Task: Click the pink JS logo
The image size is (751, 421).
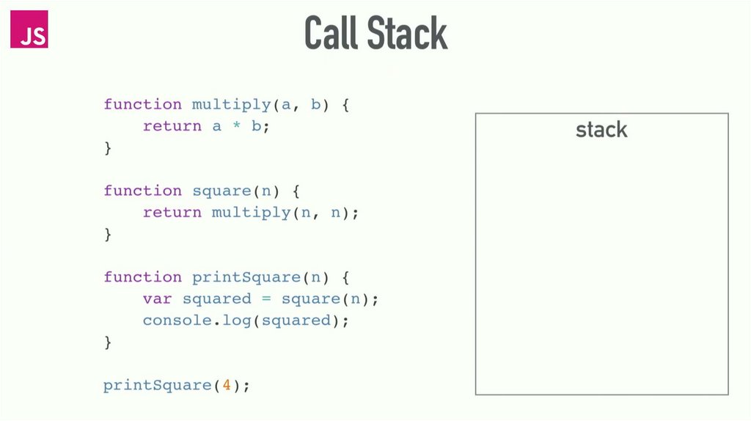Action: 29,29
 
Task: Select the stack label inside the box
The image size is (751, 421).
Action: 601,130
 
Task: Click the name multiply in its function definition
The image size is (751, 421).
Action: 231,105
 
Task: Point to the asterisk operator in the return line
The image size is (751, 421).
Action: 236,127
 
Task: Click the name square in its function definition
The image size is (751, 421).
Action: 221,191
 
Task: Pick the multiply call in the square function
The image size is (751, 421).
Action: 251,213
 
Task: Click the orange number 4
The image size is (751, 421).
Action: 227,385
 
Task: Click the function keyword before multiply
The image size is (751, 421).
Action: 142,105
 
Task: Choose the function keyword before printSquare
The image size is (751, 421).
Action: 142,277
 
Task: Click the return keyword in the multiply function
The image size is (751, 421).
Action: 172,126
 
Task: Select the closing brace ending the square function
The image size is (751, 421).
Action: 108,235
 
